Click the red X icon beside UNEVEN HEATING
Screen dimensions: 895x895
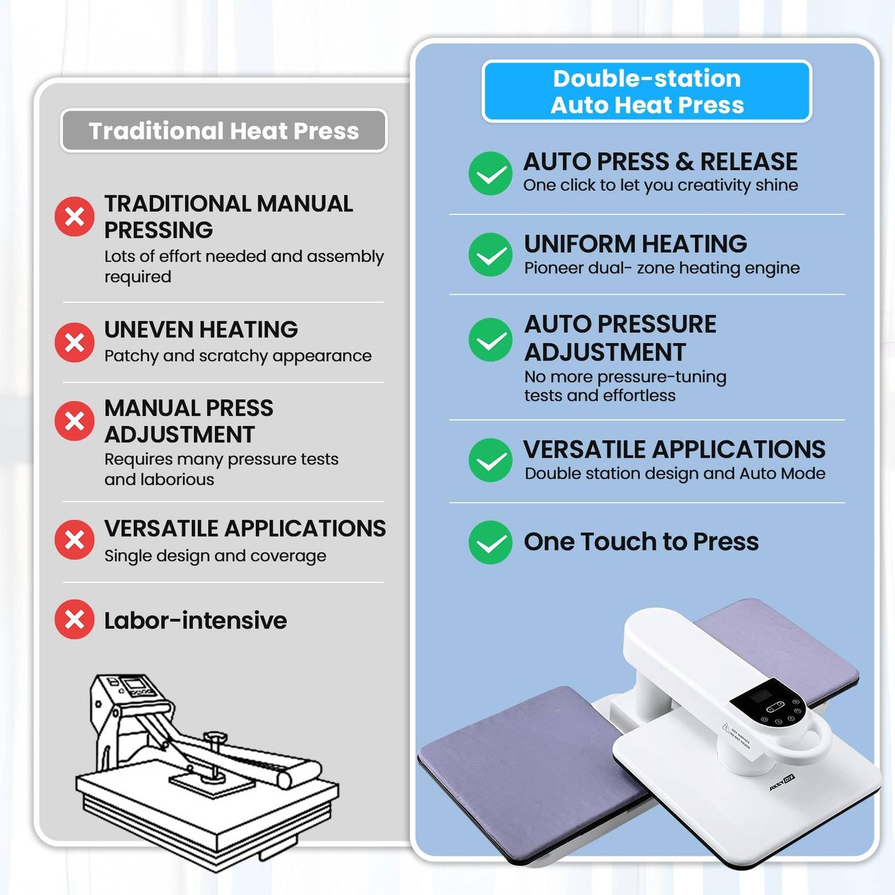tap(74, 343)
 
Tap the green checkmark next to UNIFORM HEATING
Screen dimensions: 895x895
tap(490, 255)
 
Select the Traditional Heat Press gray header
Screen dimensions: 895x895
tap(224, 131)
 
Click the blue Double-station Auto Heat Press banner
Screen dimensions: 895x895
tap(647, 92)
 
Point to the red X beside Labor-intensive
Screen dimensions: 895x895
tap(74, 619)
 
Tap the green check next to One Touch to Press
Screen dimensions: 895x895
tap(490, 542)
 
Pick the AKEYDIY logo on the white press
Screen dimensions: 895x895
tap(782, 783)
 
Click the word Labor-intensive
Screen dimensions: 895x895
tap(196, 621)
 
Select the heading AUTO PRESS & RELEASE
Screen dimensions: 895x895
tap(660, 162)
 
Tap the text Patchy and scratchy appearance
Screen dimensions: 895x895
tap(238, 356)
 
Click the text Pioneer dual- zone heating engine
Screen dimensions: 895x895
tap(662, 268)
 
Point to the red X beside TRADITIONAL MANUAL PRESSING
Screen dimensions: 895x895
tap(74, 216)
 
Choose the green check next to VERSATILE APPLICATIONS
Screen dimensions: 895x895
tap(490, 460)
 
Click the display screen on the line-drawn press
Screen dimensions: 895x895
tap(134, 684)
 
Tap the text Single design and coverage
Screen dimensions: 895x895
tap(215, 556)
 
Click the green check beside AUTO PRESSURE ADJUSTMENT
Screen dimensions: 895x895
tap(490, 339)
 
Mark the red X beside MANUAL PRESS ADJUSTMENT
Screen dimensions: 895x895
tap(74, 421)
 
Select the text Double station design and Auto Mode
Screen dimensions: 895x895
tap(675, 473)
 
